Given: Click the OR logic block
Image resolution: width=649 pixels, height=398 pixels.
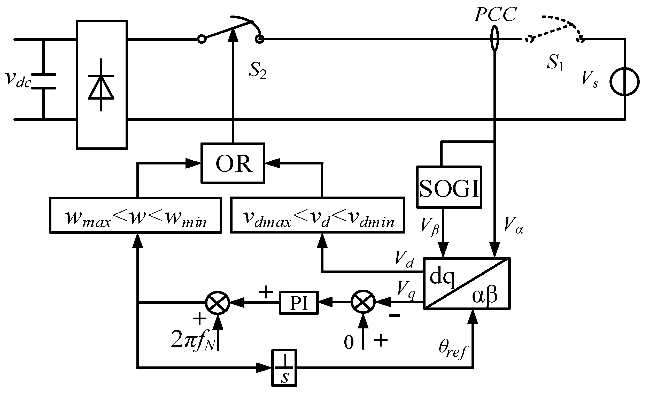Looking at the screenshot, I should (x=233, y=163).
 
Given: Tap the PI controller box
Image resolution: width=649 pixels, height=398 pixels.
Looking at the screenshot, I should (x=299, y=303).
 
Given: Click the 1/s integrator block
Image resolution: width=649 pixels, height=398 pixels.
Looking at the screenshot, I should (x=284, y=368).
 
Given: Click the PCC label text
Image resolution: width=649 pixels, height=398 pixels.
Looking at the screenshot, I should (x=495, y=14).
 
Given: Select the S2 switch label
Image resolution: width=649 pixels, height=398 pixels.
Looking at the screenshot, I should (x=258, y=70).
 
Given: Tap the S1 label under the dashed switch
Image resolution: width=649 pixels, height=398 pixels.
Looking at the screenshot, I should (x=555, y=63).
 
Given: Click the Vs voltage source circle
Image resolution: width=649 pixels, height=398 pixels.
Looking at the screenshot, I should (x=625, y=82).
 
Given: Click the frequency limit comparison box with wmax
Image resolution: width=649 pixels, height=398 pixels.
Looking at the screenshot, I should (x=135, y=215).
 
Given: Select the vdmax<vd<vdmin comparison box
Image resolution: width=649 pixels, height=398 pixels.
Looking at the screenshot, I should (x=317, y=215).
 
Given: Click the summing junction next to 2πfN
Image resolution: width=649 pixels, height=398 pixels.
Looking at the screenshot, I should (x=218, y=303).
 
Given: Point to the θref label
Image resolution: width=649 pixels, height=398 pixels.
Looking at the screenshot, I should (x=452, y=349).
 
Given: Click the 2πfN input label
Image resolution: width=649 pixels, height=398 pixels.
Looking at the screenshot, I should (x=193, y=340).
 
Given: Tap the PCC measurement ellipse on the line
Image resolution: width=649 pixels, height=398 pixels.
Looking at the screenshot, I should (x=495, y=38).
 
